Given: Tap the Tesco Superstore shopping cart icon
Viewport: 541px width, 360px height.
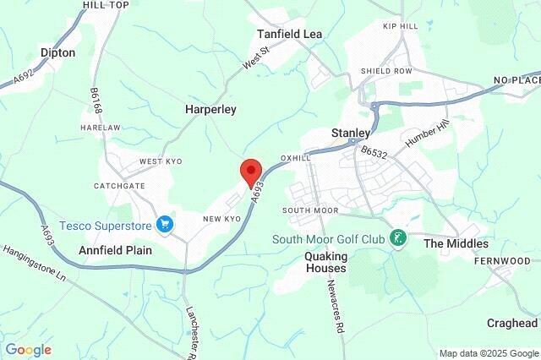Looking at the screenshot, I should [165, 225].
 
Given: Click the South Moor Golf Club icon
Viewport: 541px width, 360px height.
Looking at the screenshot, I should [398, 239].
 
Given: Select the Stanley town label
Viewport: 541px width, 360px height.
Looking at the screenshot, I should [351, 134].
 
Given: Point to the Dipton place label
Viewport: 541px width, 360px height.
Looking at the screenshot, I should [57, 52].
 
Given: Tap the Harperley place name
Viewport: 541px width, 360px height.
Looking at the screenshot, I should [210, 110].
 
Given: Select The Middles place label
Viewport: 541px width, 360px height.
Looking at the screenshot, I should [456, 243].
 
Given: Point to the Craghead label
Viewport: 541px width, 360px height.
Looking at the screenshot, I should [512, 324].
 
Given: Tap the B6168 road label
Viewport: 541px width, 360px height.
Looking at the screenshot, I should [96, 101].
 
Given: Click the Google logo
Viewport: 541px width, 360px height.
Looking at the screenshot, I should [28, 350].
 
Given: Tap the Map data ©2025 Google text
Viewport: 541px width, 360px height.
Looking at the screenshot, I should [488, 353].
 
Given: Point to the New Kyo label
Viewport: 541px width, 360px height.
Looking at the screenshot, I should [222, 219].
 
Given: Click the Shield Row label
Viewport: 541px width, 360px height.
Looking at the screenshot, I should [386, 71].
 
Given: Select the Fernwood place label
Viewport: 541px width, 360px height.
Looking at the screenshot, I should [512, 261].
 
